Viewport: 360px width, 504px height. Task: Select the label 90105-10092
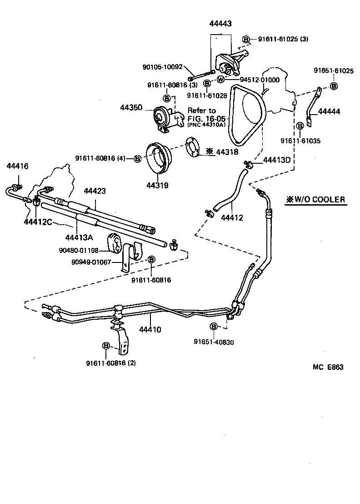(x=162, y=67)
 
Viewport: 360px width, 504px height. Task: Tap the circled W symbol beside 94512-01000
(x=220, y=79)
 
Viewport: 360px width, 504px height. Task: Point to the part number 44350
(x=131, y=108)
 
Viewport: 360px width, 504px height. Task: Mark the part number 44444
(x=329, y=111)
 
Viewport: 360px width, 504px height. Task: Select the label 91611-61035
(x=300, y=141)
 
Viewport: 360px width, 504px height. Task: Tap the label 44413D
(x=277, y=160)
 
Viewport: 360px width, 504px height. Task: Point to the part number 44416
(x=17, y=166)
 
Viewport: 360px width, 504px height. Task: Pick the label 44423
(x=95, y=191)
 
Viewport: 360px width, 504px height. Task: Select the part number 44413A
(x=79, y=237)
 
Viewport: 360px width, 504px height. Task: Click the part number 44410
(x=150, y=329)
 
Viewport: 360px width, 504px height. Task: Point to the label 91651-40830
(x=214, y=343)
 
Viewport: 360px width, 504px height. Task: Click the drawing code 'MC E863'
(x=327, y=368)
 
